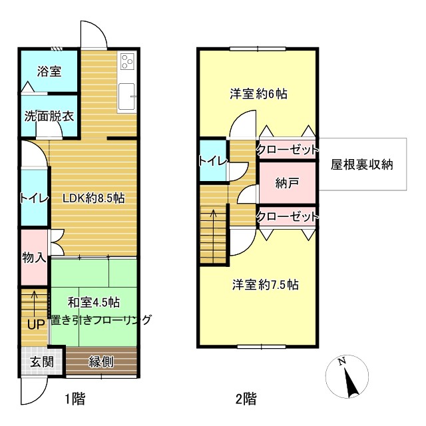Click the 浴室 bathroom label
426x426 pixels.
tap(49, 71)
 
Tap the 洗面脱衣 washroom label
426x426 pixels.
tap(49, 116)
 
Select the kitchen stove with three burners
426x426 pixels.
tap(127, 61)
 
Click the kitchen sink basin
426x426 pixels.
tap(126, 97)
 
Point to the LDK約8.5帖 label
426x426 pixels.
tap(94, 198)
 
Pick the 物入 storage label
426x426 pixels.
tap(34, 258)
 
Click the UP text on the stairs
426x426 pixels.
tap(36, 324)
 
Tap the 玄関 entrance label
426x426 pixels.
tap(41, 361)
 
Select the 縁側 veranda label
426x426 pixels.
tap(101, 361)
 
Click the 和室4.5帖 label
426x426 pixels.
tap(94, 302)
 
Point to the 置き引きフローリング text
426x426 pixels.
tap(101, 320)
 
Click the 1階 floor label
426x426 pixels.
tap(75, 399)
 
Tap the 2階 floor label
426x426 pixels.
tap(246, 399)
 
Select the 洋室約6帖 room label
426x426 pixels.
tap(259, 94)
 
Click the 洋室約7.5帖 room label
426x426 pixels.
tap(266, 285)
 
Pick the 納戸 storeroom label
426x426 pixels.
tap(287, 183)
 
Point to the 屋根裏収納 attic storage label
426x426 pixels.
tap(362, 164)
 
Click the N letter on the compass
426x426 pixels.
tap(341, 361)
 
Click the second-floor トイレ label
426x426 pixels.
tap(213, 161)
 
